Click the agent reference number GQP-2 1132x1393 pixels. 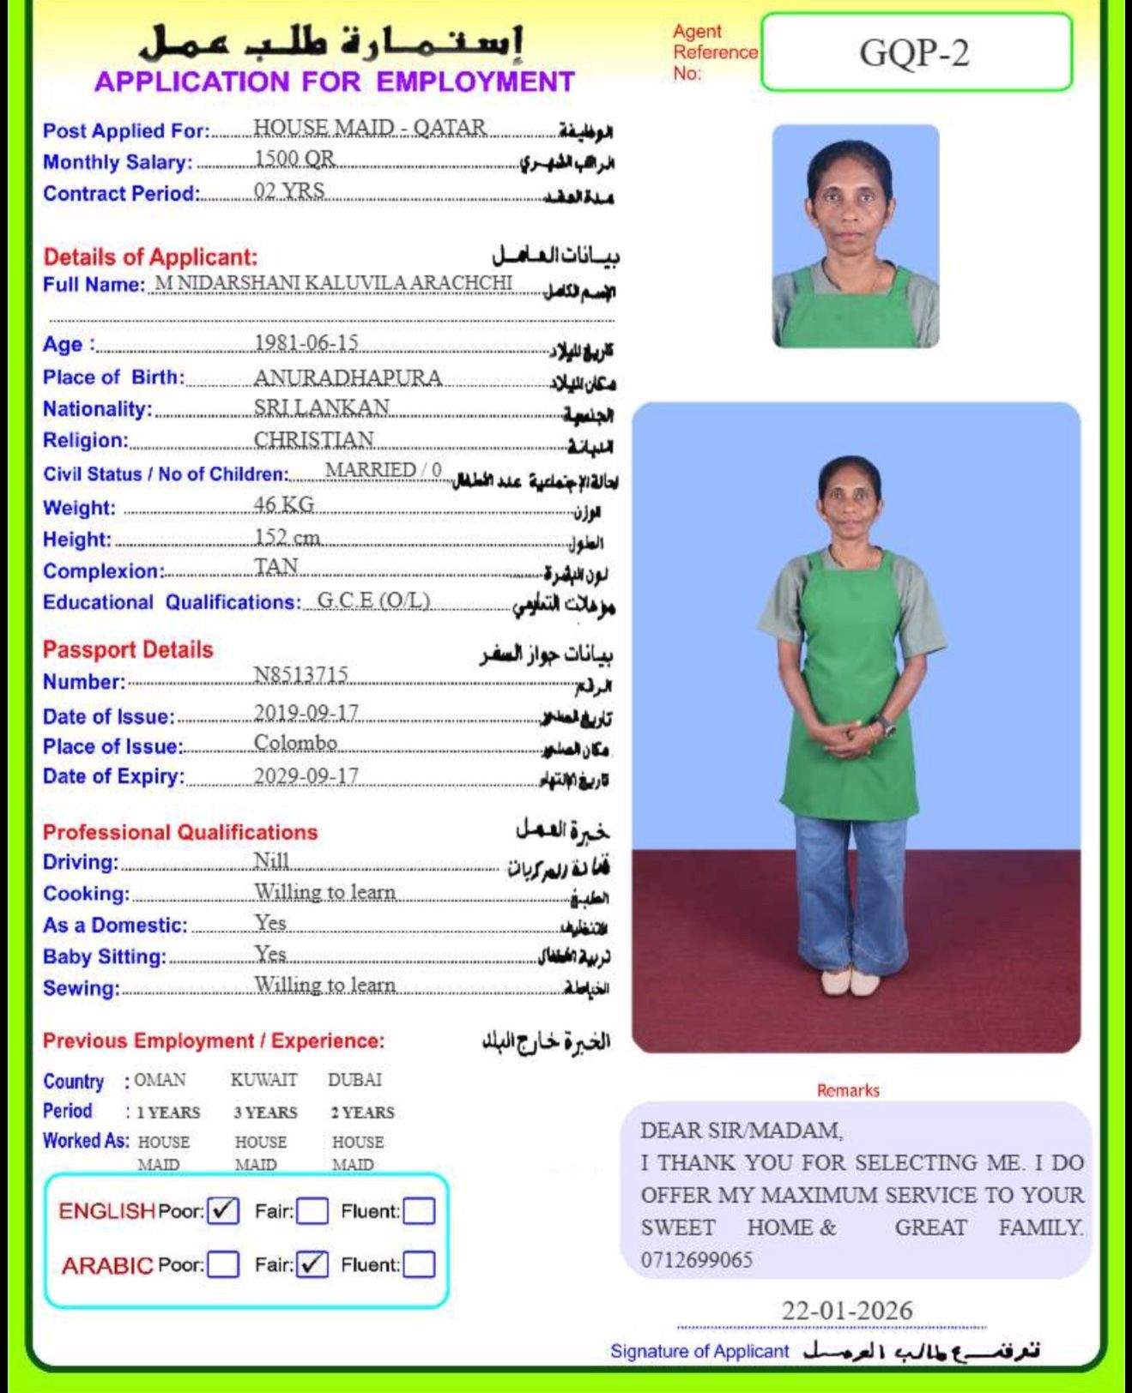pyautogui.click(x=914, y=53)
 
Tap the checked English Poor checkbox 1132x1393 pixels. pyautogui.click(x=223, y=1210)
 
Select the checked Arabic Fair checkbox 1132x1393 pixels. pyautogui.click(x=312, y=1263)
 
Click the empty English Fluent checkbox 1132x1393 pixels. pyautogui.click(x=419, y=1211)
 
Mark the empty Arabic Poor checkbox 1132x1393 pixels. pyautogui.click(x=223, y=1264)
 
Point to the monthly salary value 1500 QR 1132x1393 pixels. pyautogui.click(x=294, y=159)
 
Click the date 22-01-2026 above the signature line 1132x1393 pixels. pyautogui.click(x=846, y=1310)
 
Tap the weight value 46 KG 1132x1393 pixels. pyautogui.click(x=284, y=504)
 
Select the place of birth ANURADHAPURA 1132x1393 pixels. pyautogui.click(x=348, y=377)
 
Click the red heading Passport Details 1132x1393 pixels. pyautogui.click(x=128, y=649)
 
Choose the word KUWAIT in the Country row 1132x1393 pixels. pyautogui.click(x=263, y=1079)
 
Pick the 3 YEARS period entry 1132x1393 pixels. pyautogui.click(x=265, y=1113)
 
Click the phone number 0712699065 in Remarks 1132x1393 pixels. pyautogui.click(x=696, y=1259)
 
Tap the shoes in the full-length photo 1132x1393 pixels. pyautogui.click(x=849, y=982)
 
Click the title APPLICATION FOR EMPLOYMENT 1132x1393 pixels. pyautogui.click(x=334, y=81)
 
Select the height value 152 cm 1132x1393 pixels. pyautogui.click(x=287, y=537)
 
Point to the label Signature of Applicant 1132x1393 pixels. pyautogui.click(x=699, y=1351)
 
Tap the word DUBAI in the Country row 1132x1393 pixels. pyautogui.click(x=354, y=1079)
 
